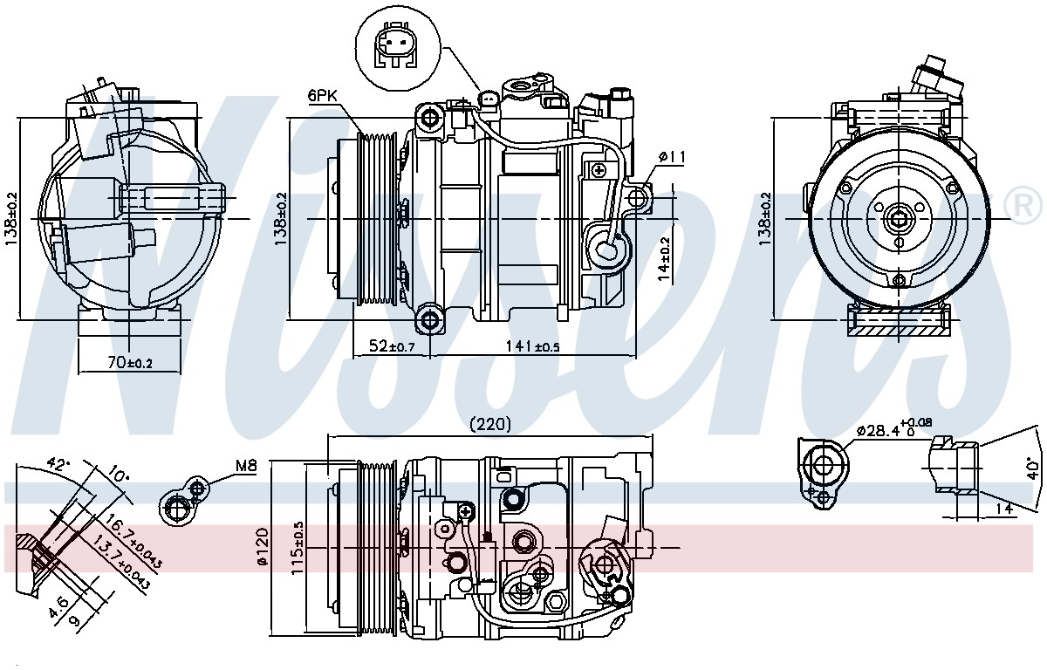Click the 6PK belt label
pyautogui.click(x=323, y=95)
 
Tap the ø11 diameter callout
pyautogui.click(x=672, y=157)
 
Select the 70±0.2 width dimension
pyautogui.click(x=129, y=362)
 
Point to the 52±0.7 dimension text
pyautogui.click(x=392, y=346)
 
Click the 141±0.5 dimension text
pyautogui.click(x=533, y=346)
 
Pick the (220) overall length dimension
pyautogui.click(x=490, y=424)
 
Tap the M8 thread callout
pyautogui.click(x=246, y=465)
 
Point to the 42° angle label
pyautogui.click(x=58, y=464)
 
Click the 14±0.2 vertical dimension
pyautogui.click(x=664, y=259)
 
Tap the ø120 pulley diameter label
pyautogui.click(x=263, y=546)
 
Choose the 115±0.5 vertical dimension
pyautogui.click(x=297, y=548)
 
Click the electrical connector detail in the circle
pyautogui.click(x=398, y=51)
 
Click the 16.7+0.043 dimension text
pyautogui.click(x=133, y=541)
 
